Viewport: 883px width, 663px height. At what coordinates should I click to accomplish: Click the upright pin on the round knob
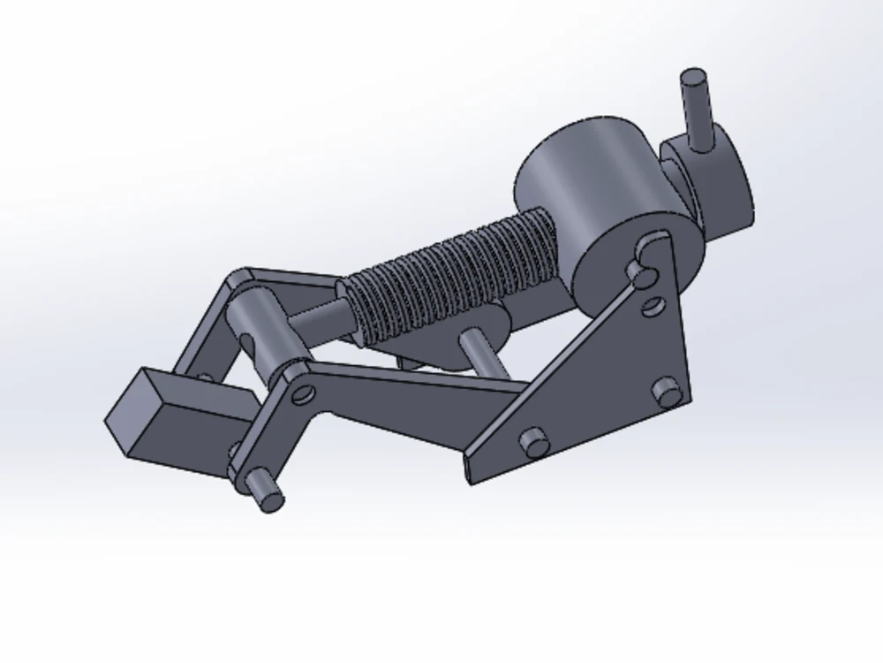[698, 110]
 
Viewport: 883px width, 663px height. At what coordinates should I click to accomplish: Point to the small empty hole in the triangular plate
[653, 307]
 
